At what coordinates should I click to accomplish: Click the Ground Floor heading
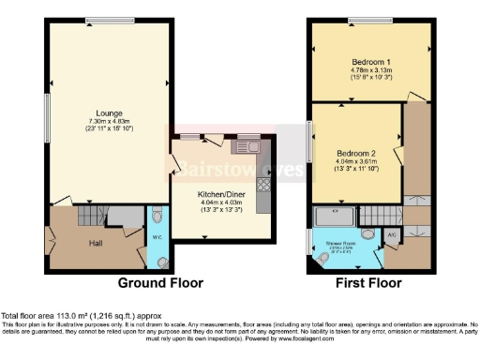pos(159,282)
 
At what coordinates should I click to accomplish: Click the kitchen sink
pos(248,145)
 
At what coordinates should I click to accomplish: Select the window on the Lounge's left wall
pos(48,116)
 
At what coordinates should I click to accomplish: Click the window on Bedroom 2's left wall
pos(310,142)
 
